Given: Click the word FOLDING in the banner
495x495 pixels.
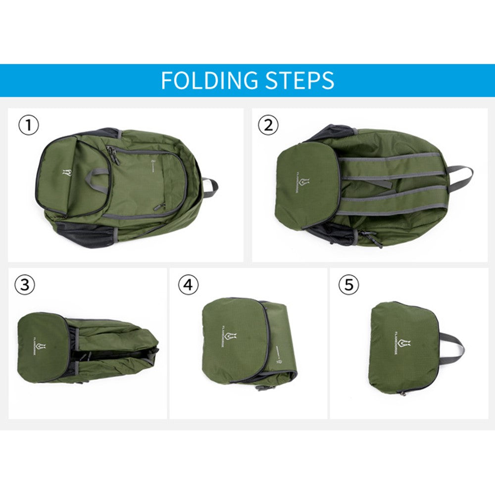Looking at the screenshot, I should click(x=209, y=80).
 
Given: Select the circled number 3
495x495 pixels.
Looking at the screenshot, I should click(x=24, y=285).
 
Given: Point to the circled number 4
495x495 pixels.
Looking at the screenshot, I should click(x=188, y=285).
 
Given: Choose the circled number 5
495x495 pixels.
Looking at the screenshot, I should click(x=348, y=285).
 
